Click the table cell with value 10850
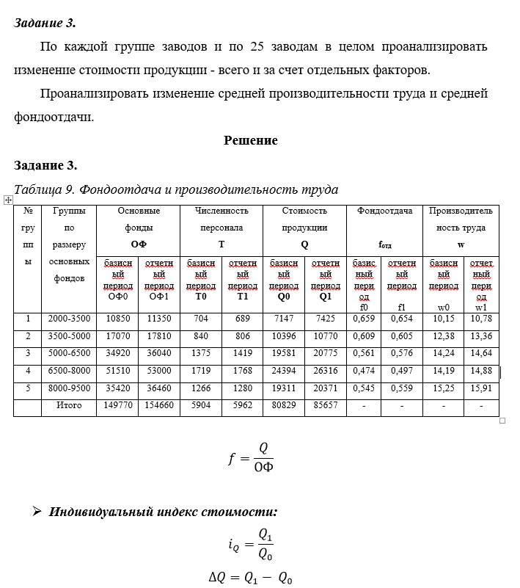pos(117,319)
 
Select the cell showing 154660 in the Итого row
pos(158,405)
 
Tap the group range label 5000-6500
pos(69,354)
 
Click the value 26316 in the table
pos(325,371)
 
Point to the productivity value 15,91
pos(481,388)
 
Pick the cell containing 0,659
pos(364,319)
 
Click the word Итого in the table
pos(69,405)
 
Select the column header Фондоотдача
pos(384,211)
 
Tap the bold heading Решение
pos(251,141)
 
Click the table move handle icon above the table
pos(7,199)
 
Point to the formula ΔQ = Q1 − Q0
pos(250,578)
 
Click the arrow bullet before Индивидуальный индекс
pos(36,512)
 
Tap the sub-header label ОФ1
pos(158,297)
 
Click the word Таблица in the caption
pos(38,189)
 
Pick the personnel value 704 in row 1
pos(200,319)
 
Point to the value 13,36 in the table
pos(481,337)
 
